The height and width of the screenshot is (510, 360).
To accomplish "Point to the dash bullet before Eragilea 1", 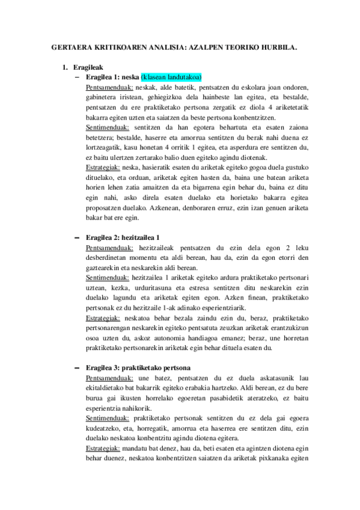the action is click(x=76, y=77).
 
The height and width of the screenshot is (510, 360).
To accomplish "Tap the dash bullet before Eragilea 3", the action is click(x=76, y=367).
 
